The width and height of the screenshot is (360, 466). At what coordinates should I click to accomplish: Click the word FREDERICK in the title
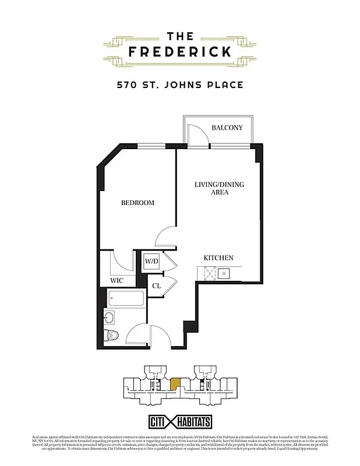click(x=179, y=51)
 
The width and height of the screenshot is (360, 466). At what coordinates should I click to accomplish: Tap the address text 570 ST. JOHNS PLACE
click(x=179, y=85)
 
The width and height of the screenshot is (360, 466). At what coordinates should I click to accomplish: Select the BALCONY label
click(x=227, y=128)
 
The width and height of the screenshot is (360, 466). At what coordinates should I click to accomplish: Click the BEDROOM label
click(x=137, y=203)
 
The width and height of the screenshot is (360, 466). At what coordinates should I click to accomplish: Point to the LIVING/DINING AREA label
click(x=219, y=188)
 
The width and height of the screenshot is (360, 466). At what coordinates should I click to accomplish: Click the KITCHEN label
click(x=218, y=257)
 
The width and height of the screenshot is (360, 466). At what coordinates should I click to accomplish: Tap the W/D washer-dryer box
click(x=151, y=262)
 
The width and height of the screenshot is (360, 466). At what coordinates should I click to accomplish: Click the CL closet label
click(x=156, y=286)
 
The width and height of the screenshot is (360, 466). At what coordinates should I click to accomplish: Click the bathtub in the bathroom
click(x=125, y=300)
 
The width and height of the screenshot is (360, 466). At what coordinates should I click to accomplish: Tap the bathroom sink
click(x=109, y=317)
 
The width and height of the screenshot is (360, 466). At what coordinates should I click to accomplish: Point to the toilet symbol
click(x=111, y=335)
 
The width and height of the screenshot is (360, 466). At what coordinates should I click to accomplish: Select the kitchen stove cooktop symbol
click(x=209, y=272)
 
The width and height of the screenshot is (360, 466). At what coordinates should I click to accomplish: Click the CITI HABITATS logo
click(x=179, y=422)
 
